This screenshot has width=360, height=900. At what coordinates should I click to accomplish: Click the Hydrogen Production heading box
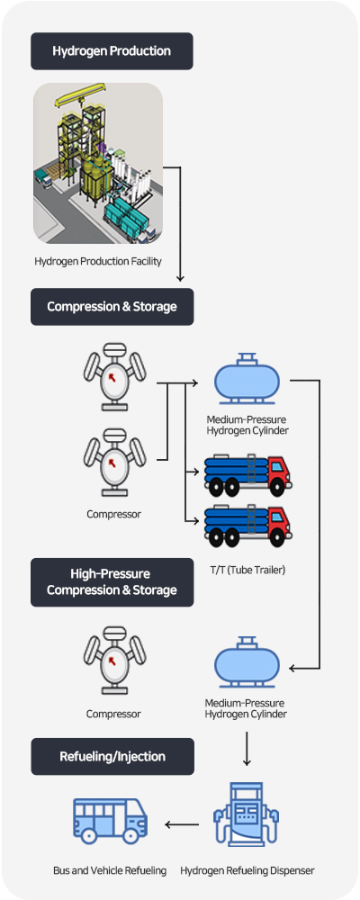[x=112, y=51]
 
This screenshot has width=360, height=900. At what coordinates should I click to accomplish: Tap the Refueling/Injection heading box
[x=112, y=757]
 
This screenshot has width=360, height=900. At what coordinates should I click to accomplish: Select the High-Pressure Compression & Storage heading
[x=112, y=582]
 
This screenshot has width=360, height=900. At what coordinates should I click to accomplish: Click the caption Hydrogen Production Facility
[x=98, y=261]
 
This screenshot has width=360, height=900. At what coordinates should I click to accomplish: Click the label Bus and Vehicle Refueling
[x=110, y=870]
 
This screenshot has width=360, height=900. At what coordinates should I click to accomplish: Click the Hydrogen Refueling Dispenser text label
[x=247, y=870]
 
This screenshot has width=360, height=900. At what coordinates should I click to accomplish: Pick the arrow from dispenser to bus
[x=182, y=824]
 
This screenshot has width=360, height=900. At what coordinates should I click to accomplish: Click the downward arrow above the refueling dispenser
[x=247, y=749]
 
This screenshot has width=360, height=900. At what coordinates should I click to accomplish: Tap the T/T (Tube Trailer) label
[x=247, y=570]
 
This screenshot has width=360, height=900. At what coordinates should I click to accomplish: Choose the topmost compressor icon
[x=115, y=376]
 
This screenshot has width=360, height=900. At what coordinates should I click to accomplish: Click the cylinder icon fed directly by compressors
[x=247, y=379]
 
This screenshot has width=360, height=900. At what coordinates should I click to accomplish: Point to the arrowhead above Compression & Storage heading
[x=180, y=278]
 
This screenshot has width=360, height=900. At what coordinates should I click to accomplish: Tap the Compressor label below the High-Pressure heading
[x=113, y=715]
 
